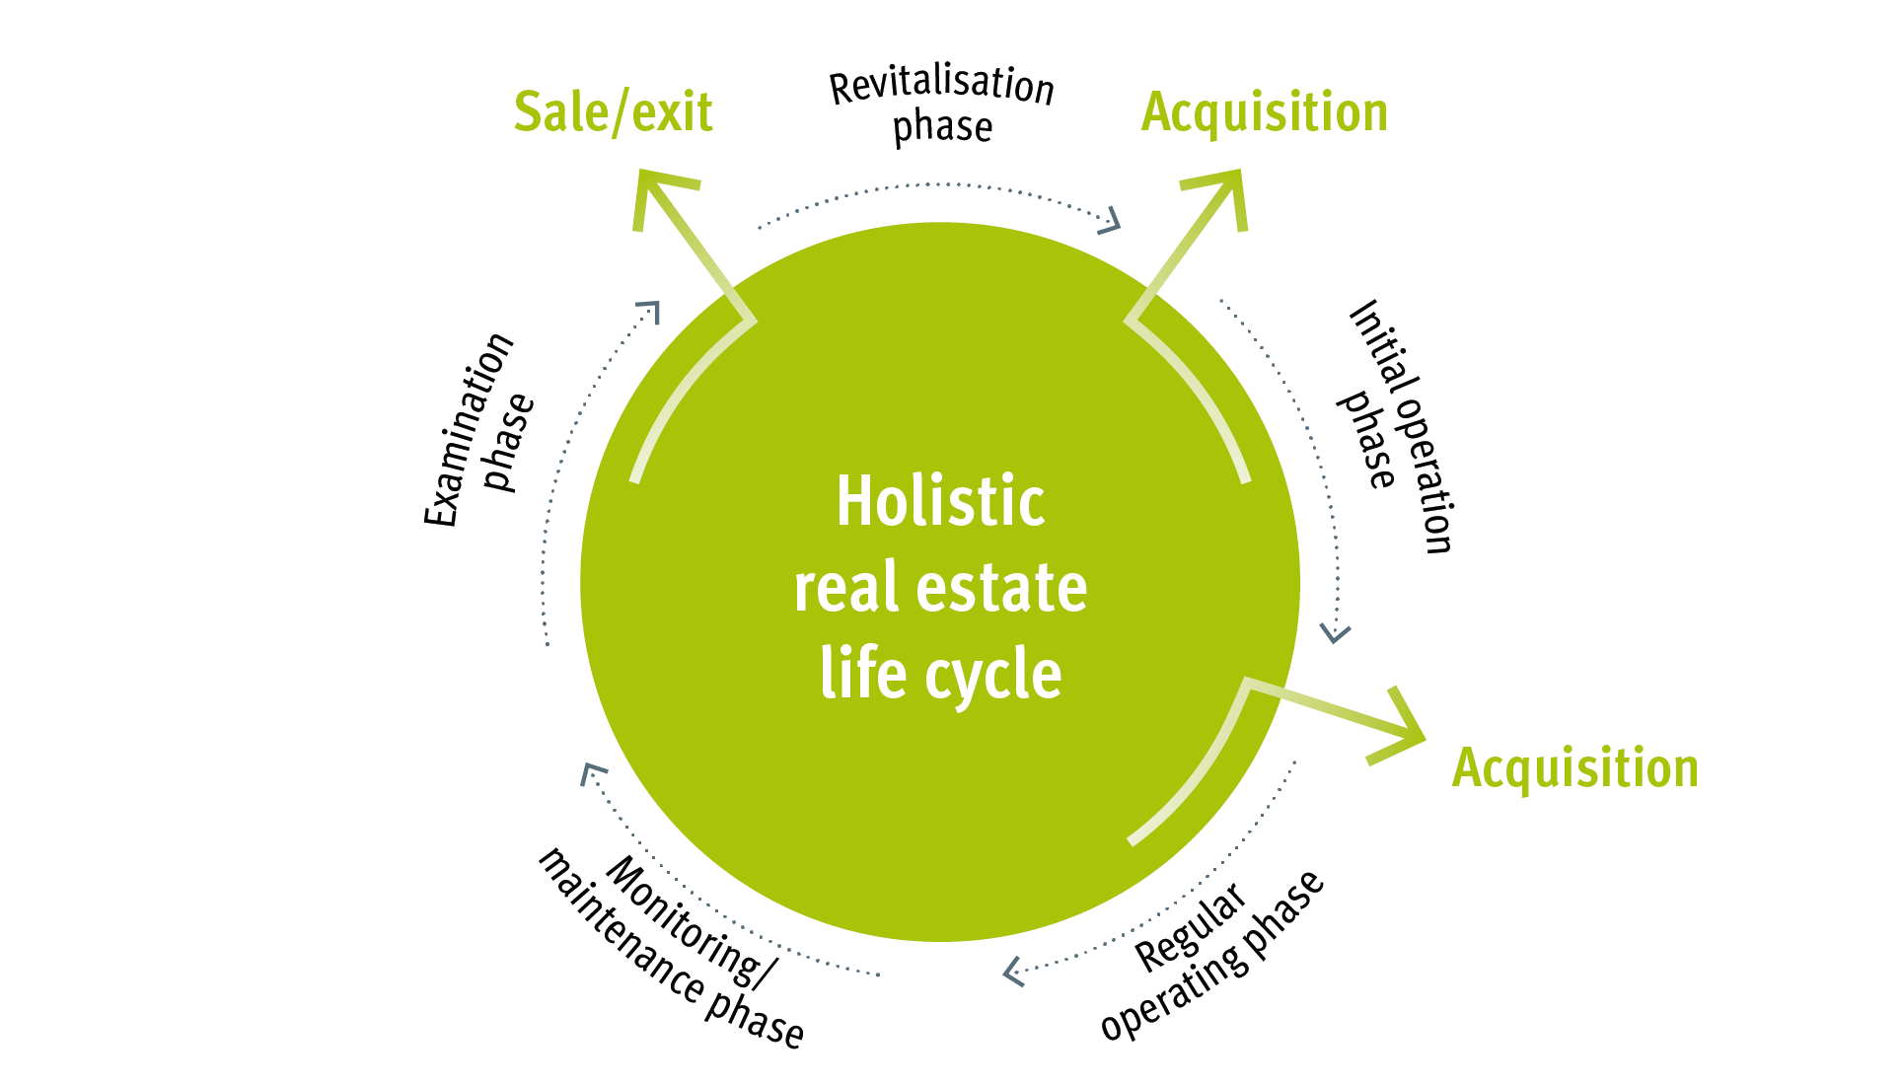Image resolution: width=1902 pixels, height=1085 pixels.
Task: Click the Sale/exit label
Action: (x=613, y=112)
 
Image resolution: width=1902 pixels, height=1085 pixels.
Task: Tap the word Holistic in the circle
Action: (x=940, y=501)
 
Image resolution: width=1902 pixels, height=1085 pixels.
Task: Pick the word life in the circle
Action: (x=863, y=674)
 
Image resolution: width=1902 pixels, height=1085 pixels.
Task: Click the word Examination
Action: (x=469, y=430)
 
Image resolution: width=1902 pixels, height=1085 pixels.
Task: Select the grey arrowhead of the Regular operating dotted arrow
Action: (x=1012, y=972)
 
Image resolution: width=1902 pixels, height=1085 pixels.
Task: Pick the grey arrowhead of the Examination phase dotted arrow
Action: (x=649, y=311)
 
